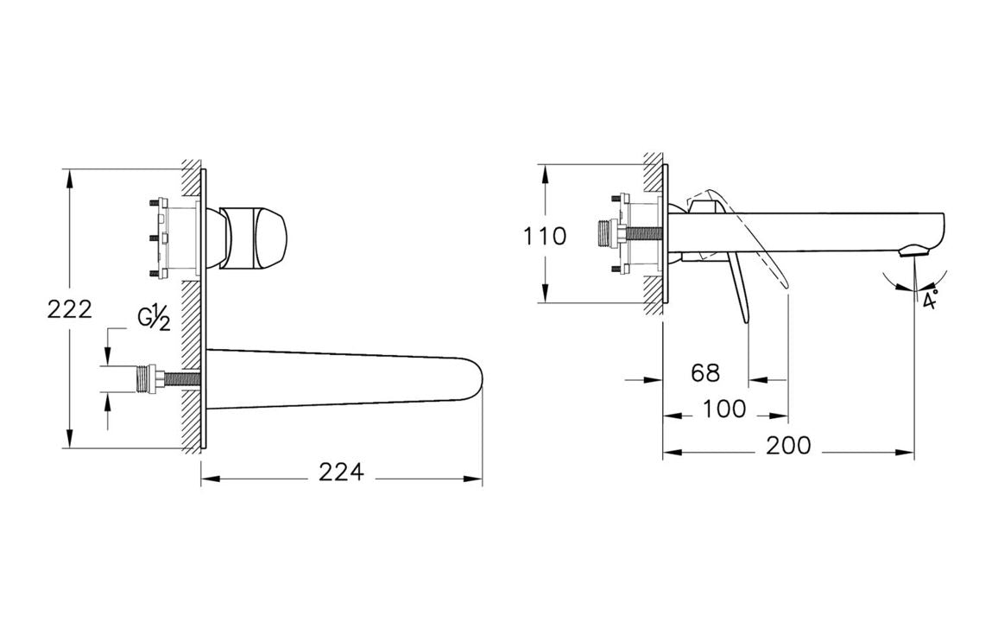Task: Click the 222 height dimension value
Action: click(x=70, y=309)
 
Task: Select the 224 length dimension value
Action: click(x=342, y=473)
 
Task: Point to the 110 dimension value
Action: click(x=545, y=237)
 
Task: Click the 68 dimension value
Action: click(x=705, y=372)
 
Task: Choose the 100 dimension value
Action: click(x=724, y=409)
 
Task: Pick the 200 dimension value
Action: click(x=788, y=446)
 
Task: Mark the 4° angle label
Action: click(x=931, y=299)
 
